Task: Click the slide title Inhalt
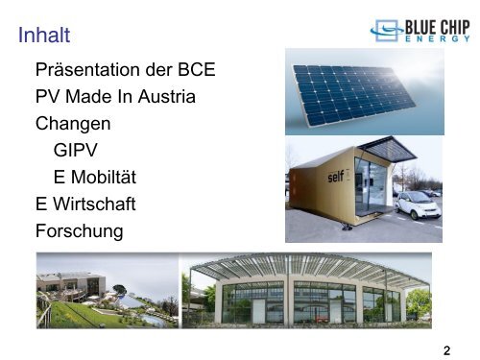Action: point(43,37)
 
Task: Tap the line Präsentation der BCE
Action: point(125,72)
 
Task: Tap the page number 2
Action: point(448,350)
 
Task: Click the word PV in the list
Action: point(47,98)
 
